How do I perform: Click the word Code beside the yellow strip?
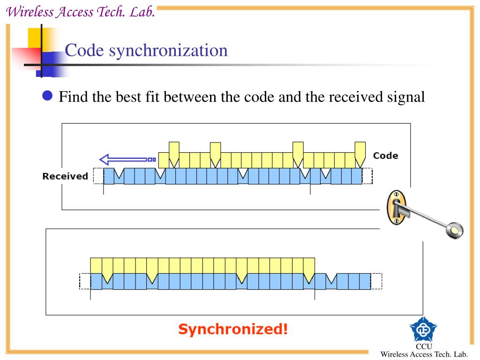coord(385,156)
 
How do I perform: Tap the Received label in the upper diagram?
coord(65,176)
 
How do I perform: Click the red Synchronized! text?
coord(233,329)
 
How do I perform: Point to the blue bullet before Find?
coord(47,97)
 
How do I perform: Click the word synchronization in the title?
coord(168,50)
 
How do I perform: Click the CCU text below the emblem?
coord(423,346)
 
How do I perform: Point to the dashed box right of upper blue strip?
coord(367,176)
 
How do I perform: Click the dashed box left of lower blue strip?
coord(85,281)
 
